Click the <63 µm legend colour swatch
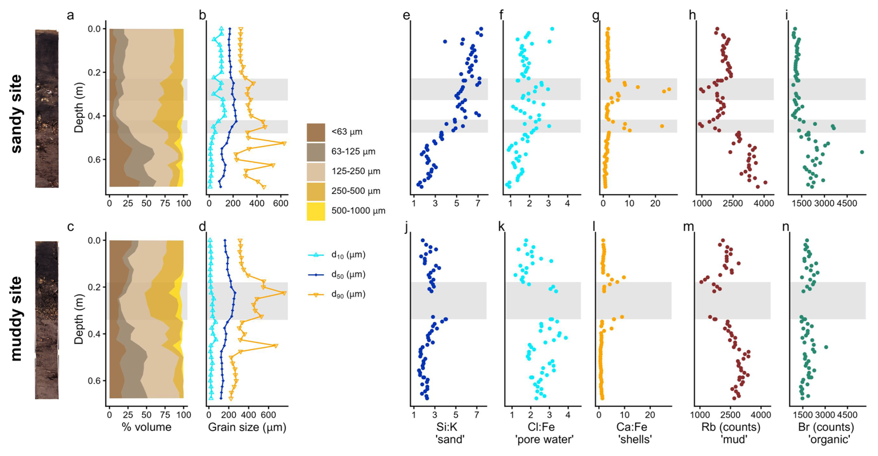[316, 132]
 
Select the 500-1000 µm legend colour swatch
[316, 211]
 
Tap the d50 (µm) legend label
[348, 274]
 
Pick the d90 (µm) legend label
[348, 294]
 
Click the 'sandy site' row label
[16, 114]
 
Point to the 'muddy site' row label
[16, 318]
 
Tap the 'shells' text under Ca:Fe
[635, 439]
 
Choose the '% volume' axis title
[146, 427]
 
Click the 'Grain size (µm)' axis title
[247, 427]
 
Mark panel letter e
[407, 16]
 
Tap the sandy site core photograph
[47, 109]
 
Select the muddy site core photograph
[47, 320]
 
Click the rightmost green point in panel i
[862, 152]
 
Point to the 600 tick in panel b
[280, 203]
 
